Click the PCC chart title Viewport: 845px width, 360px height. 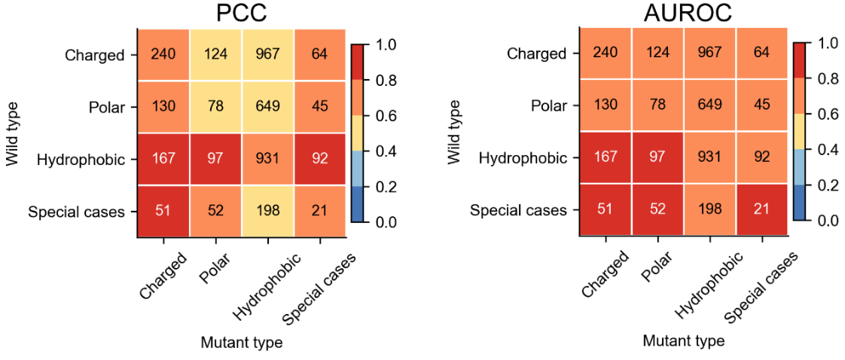click(241, 14)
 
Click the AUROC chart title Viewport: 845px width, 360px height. click(682, 14)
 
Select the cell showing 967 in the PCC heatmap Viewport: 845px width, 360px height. click(267, 53)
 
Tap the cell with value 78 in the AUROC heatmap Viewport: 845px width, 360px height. click(657, 105)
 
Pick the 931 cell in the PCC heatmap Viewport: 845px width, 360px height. click(267, 159)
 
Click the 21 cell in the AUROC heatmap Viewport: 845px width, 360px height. click(761, 210)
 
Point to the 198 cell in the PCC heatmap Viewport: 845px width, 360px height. click(267, 212)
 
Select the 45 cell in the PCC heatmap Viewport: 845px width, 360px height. click(319, 106)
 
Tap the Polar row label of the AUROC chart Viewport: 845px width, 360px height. click(548, 105)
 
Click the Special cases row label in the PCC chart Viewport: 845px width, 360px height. click(76, 212)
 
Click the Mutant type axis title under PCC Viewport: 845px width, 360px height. click(241, 343)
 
